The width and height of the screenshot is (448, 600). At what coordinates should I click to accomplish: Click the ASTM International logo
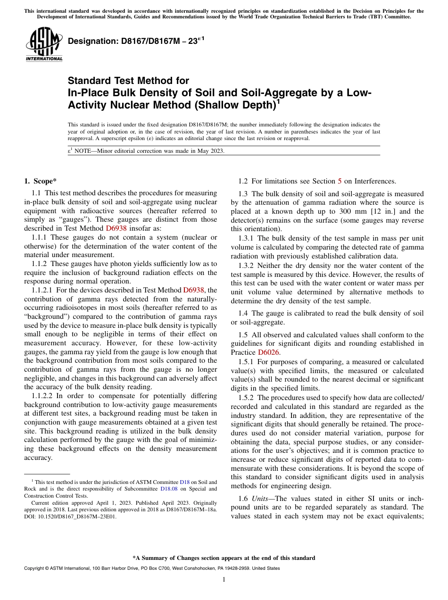click(43, 44)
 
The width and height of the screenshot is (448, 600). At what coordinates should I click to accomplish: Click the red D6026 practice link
click(269, 352)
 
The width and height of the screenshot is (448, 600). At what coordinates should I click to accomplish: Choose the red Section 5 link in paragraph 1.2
click(340, 181)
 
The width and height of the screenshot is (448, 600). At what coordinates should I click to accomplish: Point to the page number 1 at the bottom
click(224, 579)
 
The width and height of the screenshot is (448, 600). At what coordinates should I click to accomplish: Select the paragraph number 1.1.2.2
click(43, 396)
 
